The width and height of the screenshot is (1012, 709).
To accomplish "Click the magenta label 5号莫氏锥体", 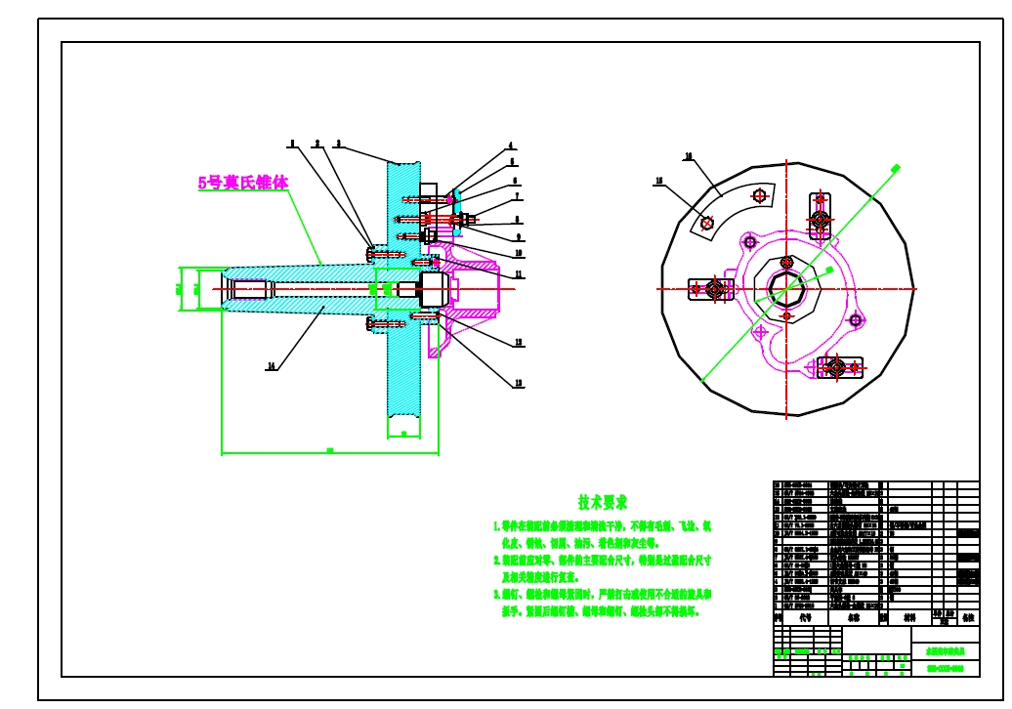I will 243,183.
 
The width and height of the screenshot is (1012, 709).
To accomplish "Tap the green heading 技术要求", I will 602,503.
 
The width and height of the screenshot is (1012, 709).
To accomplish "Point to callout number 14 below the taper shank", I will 272,366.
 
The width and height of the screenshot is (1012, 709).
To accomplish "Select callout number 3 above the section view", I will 338,144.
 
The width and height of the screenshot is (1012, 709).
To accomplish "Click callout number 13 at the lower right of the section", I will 519,383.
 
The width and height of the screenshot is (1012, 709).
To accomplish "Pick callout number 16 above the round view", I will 688,156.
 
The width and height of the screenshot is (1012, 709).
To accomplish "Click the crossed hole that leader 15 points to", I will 707,223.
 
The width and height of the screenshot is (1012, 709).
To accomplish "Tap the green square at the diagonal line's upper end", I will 896,168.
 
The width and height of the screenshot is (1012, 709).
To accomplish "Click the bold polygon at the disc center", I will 787,289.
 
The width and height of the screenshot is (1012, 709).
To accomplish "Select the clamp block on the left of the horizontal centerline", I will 711,289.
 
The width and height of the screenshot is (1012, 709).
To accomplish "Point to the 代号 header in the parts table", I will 806,617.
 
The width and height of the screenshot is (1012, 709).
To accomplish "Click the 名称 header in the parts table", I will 853,617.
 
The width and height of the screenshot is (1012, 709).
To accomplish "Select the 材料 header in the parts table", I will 909,617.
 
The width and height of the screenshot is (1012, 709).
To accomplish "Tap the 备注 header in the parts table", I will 968,617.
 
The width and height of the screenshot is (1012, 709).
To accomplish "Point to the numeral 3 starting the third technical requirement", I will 495,594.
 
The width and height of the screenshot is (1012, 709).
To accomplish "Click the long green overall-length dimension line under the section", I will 329,453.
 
